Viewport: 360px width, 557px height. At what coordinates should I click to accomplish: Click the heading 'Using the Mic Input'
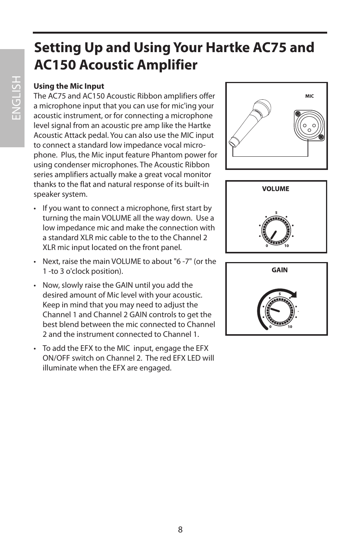pos(69,86)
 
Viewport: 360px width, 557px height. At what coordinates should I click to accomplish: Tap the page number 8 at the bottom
pos(180,529)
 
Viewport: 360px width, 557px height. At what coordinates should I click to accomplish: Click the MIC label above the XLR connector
pos(309,96)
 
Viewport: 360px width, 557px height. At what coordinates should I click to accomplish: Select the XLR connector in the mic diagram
pos(309,125)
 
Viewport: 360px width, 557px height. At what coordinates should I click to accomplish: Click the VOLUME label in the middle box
pos(275,189)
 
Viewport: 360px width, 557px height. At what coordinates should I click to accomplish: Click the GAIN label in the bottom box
pos(280,270)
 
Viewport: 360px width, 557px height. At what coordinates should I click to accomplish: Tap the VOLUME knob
pos(276,231)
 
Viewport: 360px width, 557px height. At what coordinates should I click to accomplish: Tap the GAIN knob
pos(280,311)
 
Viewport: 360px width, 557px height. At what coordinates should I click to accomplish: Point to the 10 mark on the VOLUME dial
pos(286,246)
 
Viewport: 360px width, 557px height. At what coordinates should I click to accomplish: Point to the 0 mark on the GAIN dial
pos(270,327)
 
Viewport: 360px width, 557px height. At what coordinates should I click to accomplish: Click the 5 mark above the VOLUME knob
pos(276,213)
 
